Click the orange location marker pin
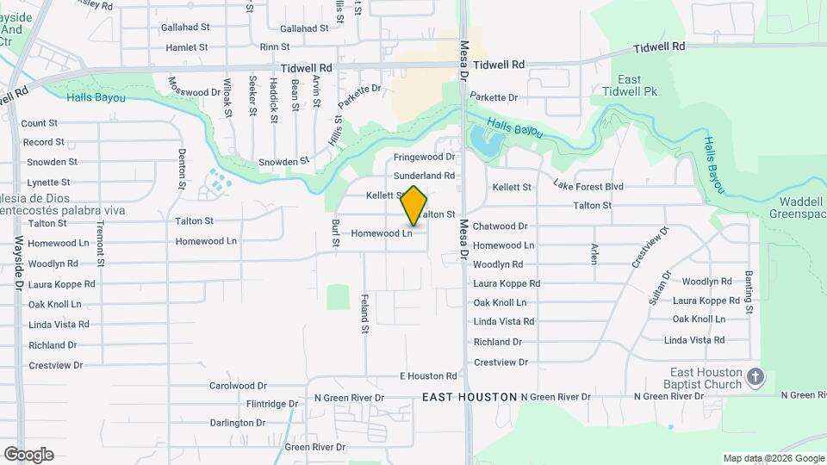413,206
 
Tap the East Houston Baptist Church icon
755,376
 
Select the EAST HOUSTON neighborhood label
469,397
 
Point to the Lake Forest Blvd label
588,186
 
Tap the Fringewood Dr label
424,158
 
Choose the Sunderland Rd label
424,176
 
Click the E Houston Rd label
428,376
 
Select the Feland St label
364,313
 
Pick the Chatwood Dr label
500,226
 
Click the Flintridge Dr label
271,403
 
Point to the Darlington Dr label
238,423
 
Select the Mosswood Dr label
195,92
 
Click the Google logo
28,455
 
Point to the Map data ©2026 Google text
773,458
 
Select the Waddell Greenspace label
796,208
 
